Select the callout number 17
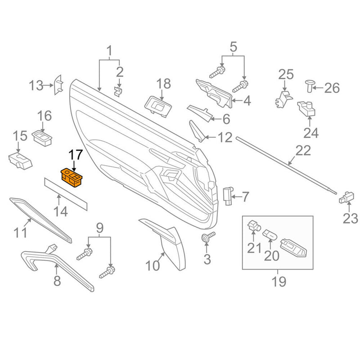[75, 156]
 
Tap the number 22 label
[303, 151]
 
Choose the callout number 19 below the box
[278, 282]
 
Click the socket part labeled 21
[254, 225]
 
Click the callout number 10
[153, 265]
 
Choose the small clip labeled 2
[118, 91]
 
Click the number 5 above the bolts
[233, 46]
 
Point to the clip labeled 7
[228, 196]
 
